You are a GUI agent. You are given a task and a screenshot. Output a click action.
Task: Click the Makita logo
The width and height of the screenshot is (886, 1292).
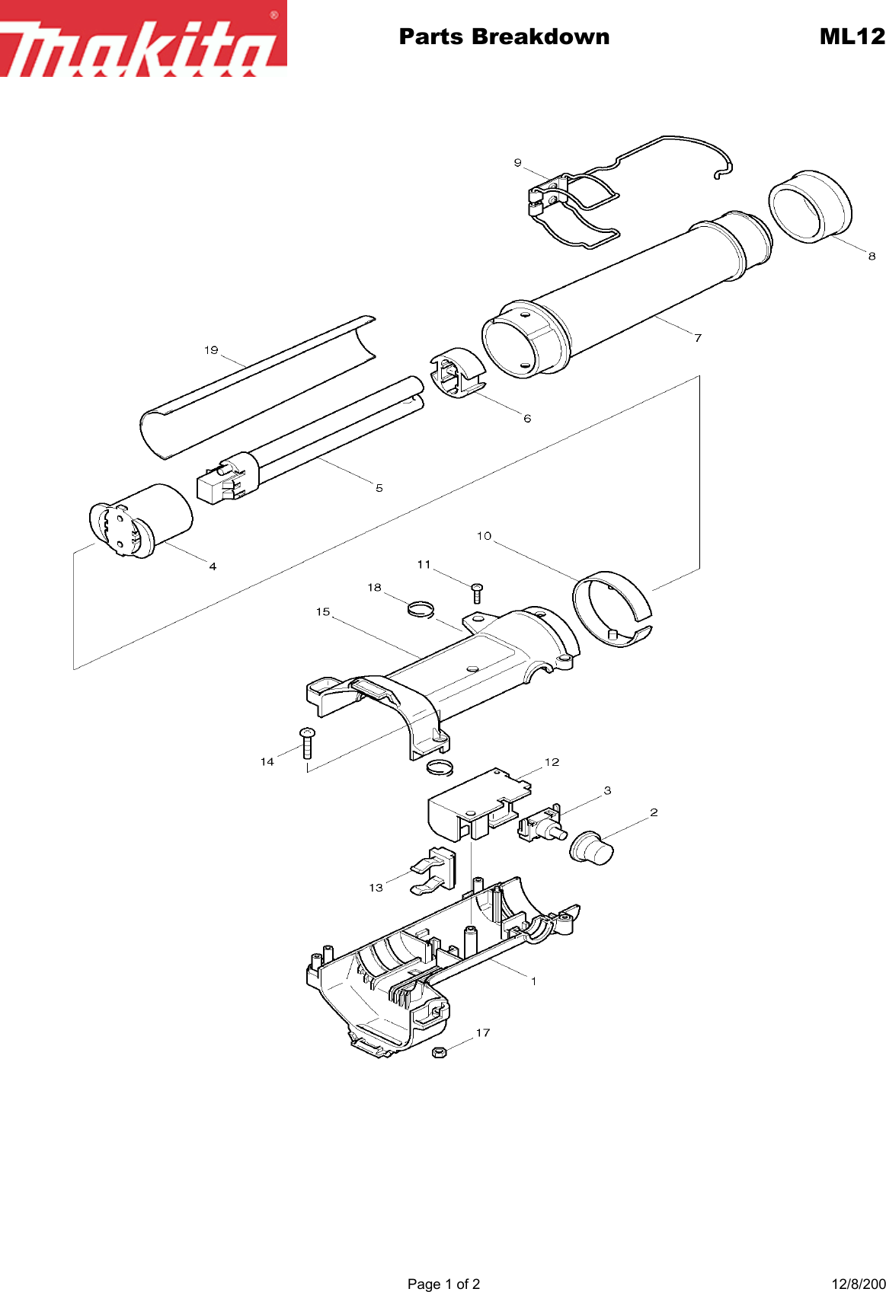point(143,40)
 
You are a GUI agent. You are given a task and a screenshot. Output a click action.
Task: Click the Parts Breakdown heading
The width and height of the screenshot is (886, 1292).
point(504,37)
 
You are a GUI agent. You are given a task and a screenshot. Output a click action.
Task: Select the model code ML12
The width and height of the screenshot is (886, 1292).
point(852,37)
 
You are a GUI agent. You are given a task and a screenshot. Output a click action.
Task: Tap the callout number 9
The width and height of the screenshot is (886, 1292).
point(518,163)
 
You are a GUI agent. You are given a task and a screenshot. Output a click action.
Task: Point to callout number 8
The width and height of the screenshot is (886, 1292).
point(872,257)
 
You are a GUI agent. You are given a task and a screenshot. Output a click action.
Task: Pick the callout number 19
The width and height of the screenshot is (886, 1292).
point(211,350)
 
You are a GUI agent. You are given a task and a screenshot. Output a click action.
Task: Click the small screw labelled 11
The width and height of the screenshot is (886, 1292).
point(478,592)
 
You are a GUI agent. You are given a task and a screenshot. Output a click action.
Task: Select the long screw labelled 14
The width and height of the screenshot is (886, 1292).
point(307,743)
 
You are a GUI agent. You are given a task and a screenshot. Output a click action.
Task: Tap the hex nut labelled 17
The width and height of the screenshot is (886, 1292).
point(439,1052)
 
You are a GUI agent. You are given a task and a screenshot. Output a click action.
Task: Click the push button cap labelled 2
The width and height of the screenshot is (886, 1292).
point(592,847)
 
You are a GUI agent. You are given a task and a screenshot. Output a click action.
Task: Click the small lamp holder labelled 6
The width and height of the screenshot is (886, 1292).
point(458,373)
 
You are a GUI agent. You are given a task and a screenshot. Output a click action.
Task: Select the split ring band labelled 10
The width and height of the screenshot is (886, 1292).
point(612,608)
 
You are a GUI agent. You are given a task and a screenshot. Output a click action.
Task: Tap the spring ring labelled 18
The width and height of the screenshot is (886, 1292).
point(420,608)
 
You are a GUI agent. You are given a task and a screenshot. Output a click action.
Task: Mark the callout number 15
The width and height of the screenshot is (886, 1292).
point(323,612)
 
